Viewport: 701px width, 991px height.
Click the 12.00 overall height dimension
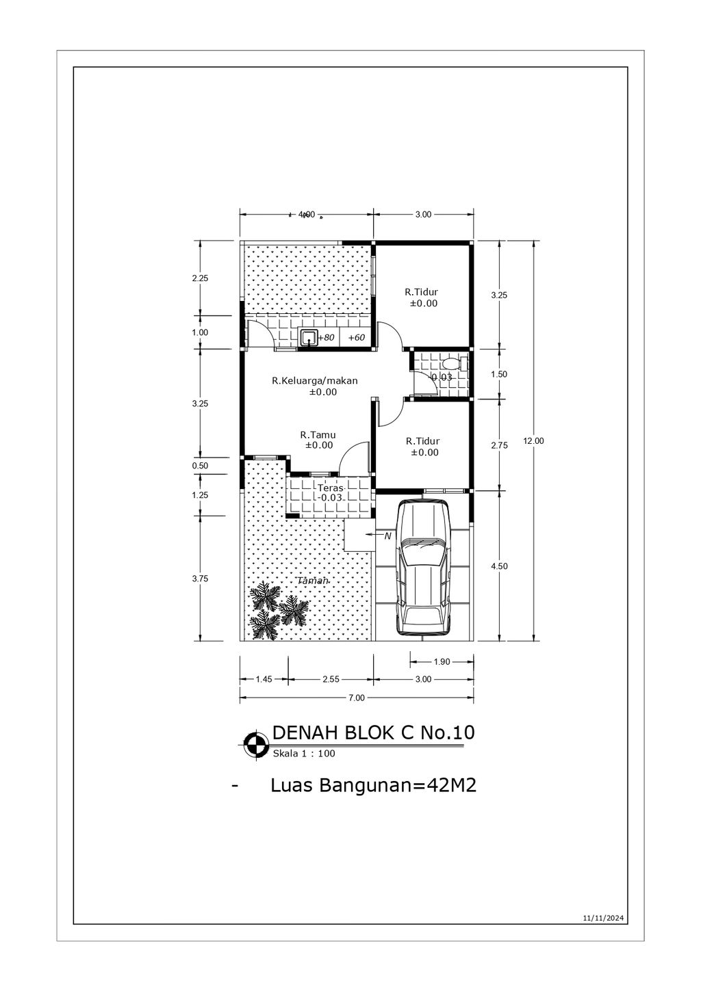[533, 441]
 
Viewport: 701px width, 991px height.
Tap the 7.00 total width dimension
[357, 698]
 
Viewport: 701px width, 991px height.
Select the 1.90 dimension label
[442, 661]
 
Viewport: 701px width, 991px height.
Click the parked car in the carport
[424, 568]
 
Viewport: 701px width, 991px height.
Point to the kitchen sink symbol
[309, 337]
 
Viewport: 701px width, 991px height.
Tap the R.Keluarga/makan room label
[315, 381]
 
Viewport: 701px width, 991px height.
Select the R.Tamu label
[318, 434]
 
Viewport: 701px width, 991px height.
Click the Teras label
[330, 488]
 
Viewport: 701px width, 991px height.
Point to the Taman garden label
[313, 581]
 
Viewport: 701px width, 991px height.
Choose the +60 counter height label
[357, 338]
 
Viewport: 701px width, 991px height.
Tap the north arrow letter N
[387, 536]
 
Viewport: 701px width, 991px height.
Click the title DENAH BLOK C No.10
[373, 732]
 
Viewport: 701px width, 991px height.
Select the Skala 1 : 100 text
[304, 754]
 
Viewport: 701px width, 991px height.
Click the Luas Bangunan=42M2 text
[373, 786]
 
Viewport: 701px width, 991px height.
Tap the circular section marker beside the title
[256, 743]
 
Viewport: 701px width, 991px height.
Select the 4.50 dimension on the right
[500, 566]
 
